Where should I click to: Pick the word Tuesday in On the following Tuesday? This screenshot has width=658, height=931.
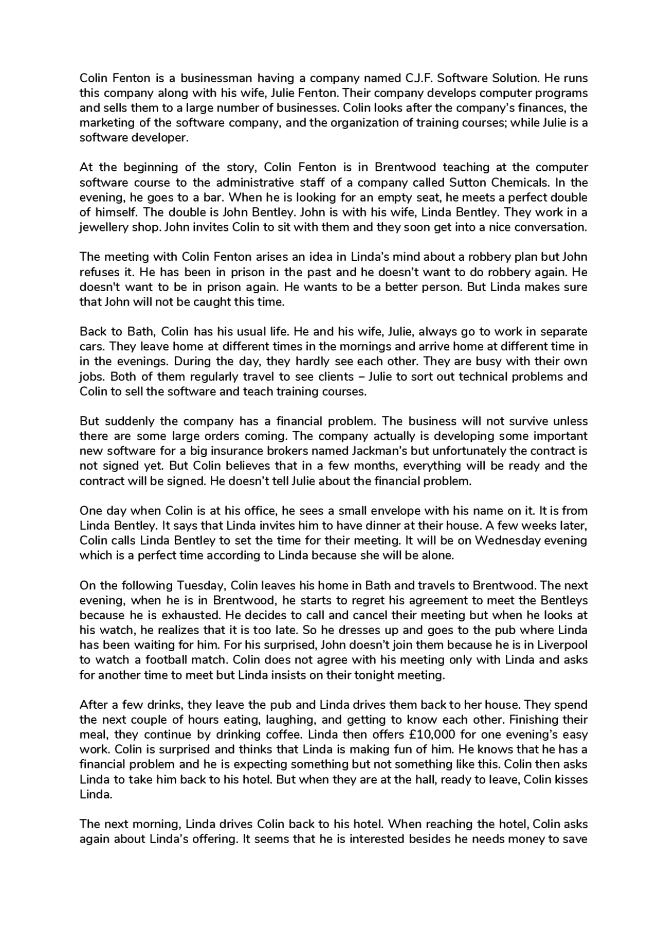coord(201,585)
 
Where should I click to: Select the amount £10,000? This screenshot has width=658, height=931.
coord(435,735)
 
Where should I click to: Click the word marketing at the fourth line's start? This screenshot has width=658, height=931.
coord(104,123)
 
